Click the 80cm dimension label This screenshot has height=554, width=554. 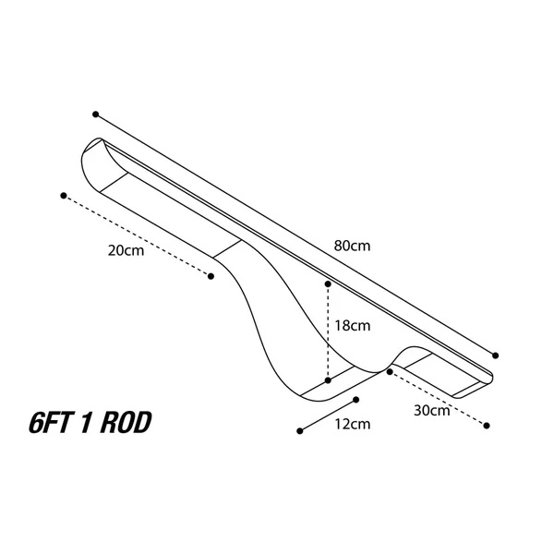tap(353, 246)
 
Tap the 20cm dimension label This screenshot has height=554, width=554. tap(126, 250)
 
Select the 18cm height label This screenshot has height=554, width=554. tap(353, 325)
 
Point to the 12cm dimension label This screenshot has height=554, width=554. tap(353, 424)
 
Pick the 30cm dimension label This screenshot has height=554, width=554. tap(432, 411)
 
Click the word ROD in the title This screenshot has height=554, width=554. tap(126, 423)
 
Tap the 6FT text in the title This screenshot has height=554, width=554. tap(49, 423)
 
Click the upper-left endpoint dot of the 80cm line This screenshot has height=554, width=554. tap(95, 114)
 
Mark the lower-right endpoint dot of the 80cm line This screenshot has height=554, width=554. tap(495, 355)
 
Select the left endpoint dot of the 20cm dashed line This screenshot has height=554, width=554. tap(64, 196)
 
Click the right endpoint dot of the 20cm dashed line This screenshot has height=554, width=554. tap(211, 276)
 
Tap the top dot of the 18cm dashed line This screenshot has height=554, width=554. tap(328, 284)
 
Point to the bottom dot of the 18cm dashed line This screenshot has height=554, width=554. tap(328, 380)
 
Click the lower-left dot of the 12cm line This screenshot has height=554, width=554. tap(300, 431)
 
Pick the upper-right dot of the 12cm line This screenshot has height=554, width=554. tap(356, 400)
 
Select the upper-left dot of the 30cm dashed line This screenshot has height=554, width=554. tap(390, 372)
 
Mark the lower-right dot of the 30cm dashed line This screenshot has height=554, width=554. tap(487, 426)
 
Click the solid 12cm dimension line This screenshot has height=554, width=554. tap(328, 415)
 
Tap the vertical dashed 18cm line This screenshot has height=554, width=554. tap(328, 332)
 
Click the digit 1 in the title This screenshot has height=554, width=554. tap(85, 423)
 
